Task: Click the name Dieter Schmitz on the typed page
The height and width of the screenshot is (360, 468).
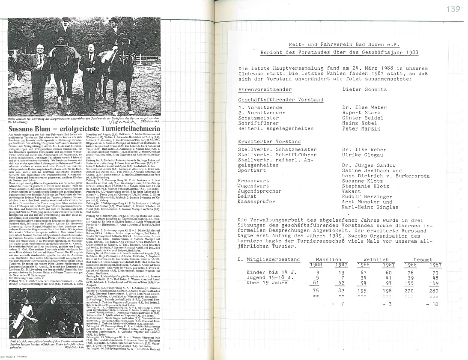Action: click(364, 89)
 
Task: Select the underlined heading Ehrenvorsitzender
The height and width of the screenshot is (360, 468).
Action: click(259, 89)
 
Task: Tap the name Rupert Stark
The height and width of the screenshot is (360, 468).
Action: click(361, 113)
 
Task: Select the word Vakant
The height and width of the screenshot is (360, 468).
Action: click(352, 191)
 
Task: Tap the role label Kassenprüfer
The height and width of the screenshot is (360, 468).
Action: click(257, 202)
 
